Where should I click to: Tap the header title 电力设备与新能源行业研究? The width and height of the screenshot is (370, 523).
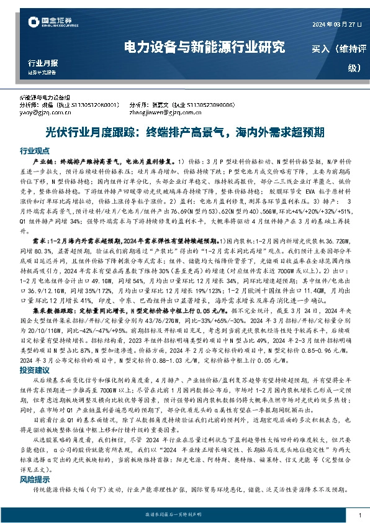tap(205, 46)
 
